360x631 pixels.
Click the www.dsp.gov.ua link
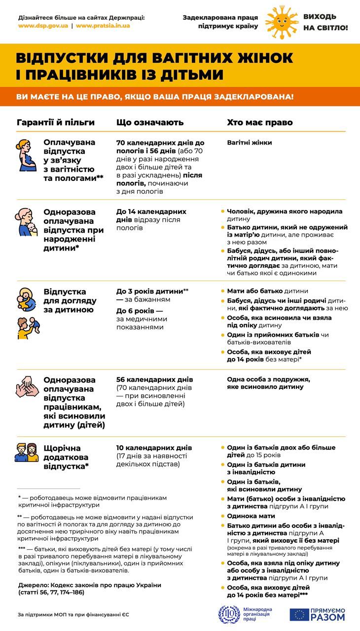(43, 26)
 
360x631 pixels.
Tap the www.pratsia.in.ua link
(103, 26)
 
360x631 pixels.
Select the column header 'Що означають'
(150, 122)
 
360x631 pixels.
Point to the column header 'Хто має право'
(259, 122)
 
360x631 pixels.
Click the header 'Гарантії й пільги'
(55, 122)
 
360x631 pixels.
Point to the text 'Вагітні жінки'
(249, 143)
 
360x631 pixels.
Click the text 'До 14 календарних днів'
(151, 215)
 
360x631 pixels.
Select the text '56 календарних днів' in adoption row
(154, 380)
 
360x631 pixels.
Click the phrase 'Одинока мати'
(251, 516)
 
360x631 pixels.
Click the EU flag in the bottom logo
(299, 614)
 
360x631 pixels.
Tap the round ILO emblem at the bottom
(228, 614)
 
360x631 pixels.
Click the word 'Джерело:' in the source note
(34, 585)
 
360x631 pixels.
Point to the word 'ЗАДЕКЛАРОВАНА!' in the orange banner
(259, 96)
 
